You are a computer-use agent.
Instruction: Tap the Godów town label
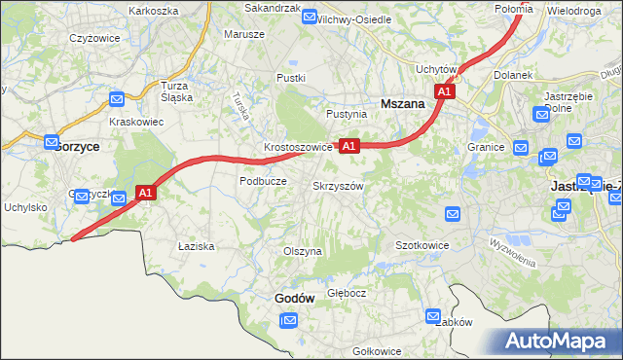(x=293, y=299)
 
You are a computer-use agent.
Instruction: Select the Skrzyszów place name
(x=338, y=185)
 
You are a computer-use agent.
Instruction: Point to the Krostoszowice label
(x=299, y=148)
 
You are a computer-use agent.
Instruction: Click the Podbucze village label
(x=263, y=181)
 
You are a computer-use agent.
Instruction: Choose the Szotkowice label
(x=421, y=245)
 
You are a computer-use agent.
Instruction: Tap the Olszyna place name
(x=302, y=251)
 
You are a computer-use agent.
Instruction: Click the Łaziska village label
(x=196, y=246)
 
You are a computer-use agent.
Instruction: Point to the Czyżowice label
(x=93, y=38)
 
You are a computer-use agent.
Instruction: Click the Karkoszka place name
(x=153, y=11)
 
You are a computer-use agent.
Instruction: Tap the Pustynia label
(x=347, y=114)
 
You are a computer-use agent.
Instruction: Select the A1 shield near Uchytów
(x=445, y=90)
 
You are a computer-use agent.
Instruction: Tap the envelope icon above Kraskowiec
(x=117, y=98)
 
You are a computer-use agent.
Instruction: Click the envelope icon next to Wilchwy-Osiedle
(x=310, y=17)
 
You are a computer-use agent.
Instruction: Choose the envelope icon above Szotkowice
(x=452, y=213)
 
